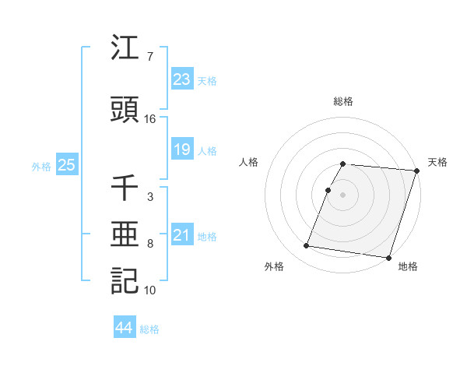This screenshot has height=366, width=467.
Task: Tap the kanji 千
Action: (x=125, y=188)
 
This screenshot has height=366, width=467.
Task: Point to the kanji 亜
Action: (x=125, y=234)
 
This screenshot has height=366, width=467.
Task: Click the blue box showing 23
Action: (x=182, y=79)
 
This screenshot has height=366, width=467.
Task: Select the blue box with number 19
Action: (x=182, y=150)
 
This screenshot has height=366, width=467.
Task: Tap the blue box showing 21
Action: (x=182, y=235)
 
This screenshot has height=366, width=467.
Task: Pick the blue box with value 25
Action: (x=66, y=165)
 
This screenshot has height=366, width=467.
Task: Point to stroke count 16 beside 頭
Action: (x=150, y=119)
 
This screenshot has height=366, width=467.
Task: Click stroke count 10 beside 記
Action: (x=150, y=290)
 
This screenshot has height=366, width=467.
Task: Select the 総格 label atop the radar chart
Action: (x=343, y=101)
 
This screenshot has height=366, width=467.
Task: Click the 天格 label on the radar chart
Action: (x=437, y=162)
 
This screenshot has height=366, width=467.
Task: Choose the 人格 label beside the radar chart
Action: (x=249, y=162)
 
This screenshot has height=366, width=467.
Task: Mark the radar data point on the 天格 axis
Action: (x=416, y=171)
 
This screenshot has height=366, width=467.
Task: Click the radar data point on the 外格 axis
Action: (x=306, y=246)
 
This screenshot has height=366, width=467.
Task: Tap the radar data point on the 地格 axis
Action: (x=388, y=257)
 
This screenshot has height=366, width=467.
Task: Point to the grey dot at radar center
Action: (x=343, y=195)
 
